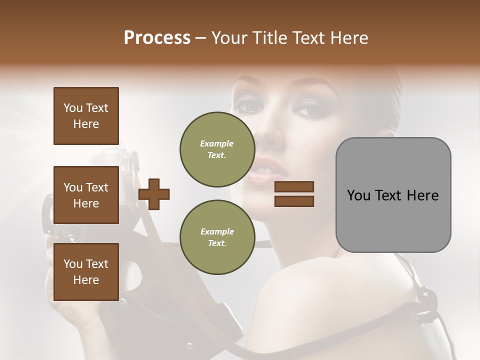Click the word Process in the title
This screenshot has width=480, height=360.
[x=157, y=38]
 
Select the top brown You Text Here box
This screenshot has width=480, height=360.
[x=86, y=116]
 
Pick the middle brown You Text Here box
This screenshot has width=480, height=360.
[x=86, y=195]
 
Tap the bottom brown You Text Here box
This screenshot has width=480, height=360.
[x=86, y=272]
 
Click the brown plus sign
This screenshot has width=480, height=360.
[x=154, y=194]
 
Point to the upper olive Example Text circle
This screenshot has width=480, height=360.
[x=217, y=149]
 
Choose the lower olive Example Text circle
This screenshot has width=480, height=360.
[x=217, y=237]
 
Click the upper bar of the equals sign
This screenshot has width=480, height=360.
[x=294, y=187]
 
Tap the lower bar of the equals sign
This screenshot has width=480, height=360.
[x=294, y=201]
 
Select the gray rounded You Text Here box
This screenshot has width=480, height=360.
[x=393, y=195]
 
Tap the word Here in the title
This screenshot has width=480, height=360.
[x=350, y=38]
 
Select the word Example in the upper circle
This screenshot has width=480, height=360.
[x=217, y=143]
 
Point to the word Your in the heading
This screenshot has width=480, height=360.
[x=228, y=38]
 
